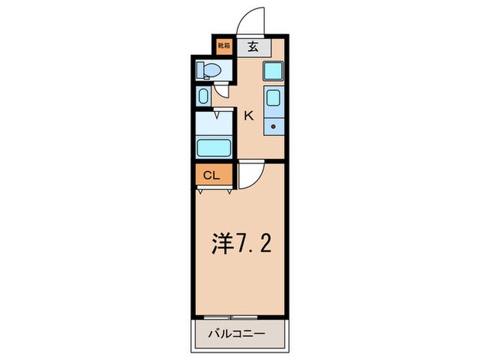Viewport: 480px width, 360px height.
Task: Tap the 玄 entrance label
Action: (x=252, y=47)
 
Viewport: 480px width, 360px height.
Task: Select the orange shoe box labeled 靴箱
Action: (x=224, y=47)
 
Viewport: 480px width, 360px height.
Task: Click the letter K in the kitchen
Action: (x=249, y=116)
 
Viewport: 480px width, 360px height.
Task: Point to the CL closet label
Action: (x=211, y=176)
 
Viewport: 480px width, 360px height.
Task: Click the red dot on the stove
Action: (x=272, y=127)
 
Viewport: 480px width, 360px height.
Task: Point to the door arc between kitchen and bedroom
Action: (x=250, y=176)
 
